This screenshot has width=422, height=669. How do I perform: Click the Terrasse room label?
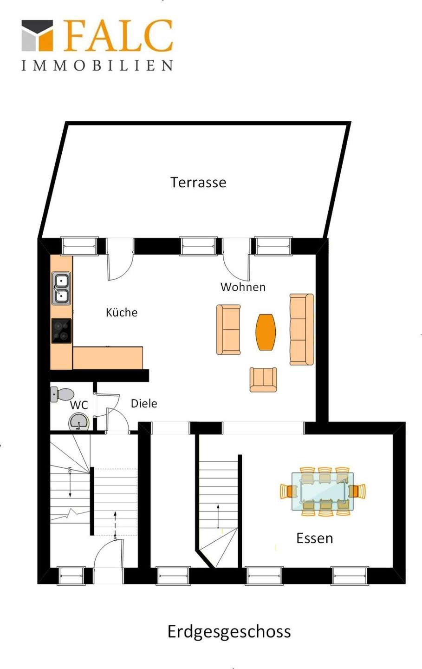point(198,182)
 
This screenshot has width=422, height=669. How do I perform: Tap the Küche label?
point(122,312)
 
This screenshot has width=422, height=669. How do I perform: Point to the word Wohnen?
point(243,287)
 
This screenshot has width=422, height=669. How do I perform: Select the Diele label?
point(144,403)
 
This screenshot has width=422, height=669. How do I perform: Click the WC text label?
point(79,405)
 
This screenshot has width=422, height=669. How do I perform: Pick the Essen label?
point(315,538)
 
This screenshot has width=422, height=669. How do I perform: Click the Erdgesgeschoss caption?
point(229,632)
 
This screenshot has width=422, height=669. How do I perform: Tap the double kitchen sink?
point(61,288)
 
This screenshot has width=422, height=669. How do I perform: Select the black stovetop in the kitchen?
point(61,331)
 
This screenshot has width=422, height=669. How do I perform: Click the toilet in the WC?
point(62,394)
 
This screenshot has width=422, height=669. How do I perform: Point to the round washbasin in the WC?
point(79,422)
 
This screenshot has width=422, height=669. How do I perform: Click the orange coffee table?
point(266,332)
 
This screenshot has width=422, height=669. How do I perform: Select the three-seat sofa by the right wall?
point(301,329)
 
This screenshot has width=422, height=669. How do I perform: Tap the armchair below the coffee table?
point(263,380)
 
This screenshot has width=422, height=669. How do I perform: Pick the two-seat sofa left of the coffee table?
point(228,329)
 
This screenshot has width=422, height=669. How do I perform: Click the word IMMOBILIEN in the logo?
point(97,66)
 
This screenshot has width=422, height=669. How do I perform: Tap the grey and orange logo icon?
point(37,35)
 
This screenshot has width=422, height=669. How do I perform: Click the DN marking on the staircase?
point(70,470)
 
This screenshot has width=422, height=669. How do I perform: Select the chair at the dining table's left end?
point(288,492)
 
